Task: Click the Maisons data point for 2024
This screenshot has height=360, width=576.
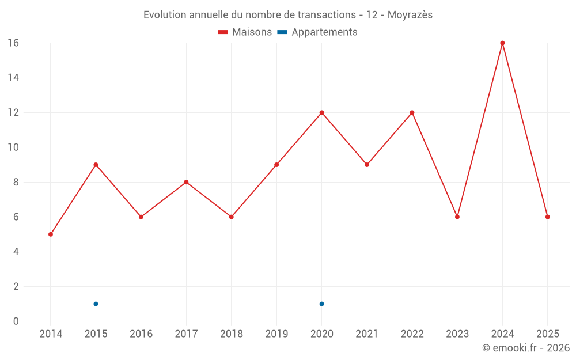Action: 502,43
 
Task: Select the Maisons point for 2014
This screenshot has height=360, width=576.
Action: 51,234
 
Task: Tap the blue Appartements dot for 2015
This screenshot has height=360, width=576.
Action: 96,304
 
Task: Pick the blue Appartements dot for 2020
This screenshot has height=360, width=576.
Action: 321,304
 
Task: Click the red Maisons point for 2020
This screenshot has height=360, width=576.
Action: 321,112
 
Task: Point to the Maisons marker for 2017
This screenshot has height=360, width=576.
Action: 186,182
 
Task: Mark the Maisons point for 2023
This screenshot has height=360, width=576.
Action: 457,217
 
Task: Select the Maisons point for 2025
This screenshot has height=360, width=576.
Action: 548,217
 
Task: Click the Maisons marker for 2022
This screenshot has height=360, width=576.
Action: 412,112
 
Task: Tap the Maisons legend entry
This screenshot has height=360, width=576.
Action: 245,32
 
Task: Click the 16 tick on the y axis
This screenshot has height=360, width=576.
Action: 13,43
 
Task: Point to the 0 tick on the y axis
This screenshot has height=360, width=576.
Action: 16,321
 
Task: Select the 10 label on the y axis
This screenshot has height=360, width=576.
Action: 13,147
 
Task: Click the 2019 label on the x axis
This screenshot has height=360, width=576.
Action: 276,334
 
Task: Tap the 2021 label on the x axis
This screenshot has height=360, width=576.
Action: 367,334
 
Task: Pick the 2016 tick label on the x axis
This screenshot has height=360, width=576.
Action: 141,334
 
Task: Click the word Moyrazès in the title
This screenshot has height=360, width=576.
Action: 410,15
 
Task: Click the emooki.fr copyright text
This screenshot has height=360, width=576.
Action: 526,348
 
